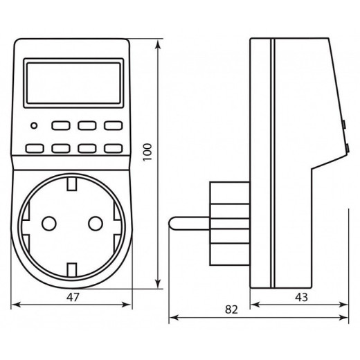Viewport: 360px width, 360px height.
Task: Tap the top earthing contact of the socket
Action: pyautogui.click(x=73, y=183)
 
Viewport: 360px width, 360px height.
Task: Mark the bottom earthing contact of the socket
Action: pyautogui.click(x=73, y=265)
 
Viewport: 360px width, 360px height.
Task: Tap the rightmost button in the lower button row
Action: pyautogui.click(x=112, y=147)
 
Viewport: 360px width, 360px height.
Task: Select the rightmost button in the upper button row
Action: pyautogui.click(x=112, y=127)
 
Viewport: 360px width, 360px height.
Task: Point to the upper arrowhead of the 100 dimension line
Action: pyautogui.click(x=160, y=43)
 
